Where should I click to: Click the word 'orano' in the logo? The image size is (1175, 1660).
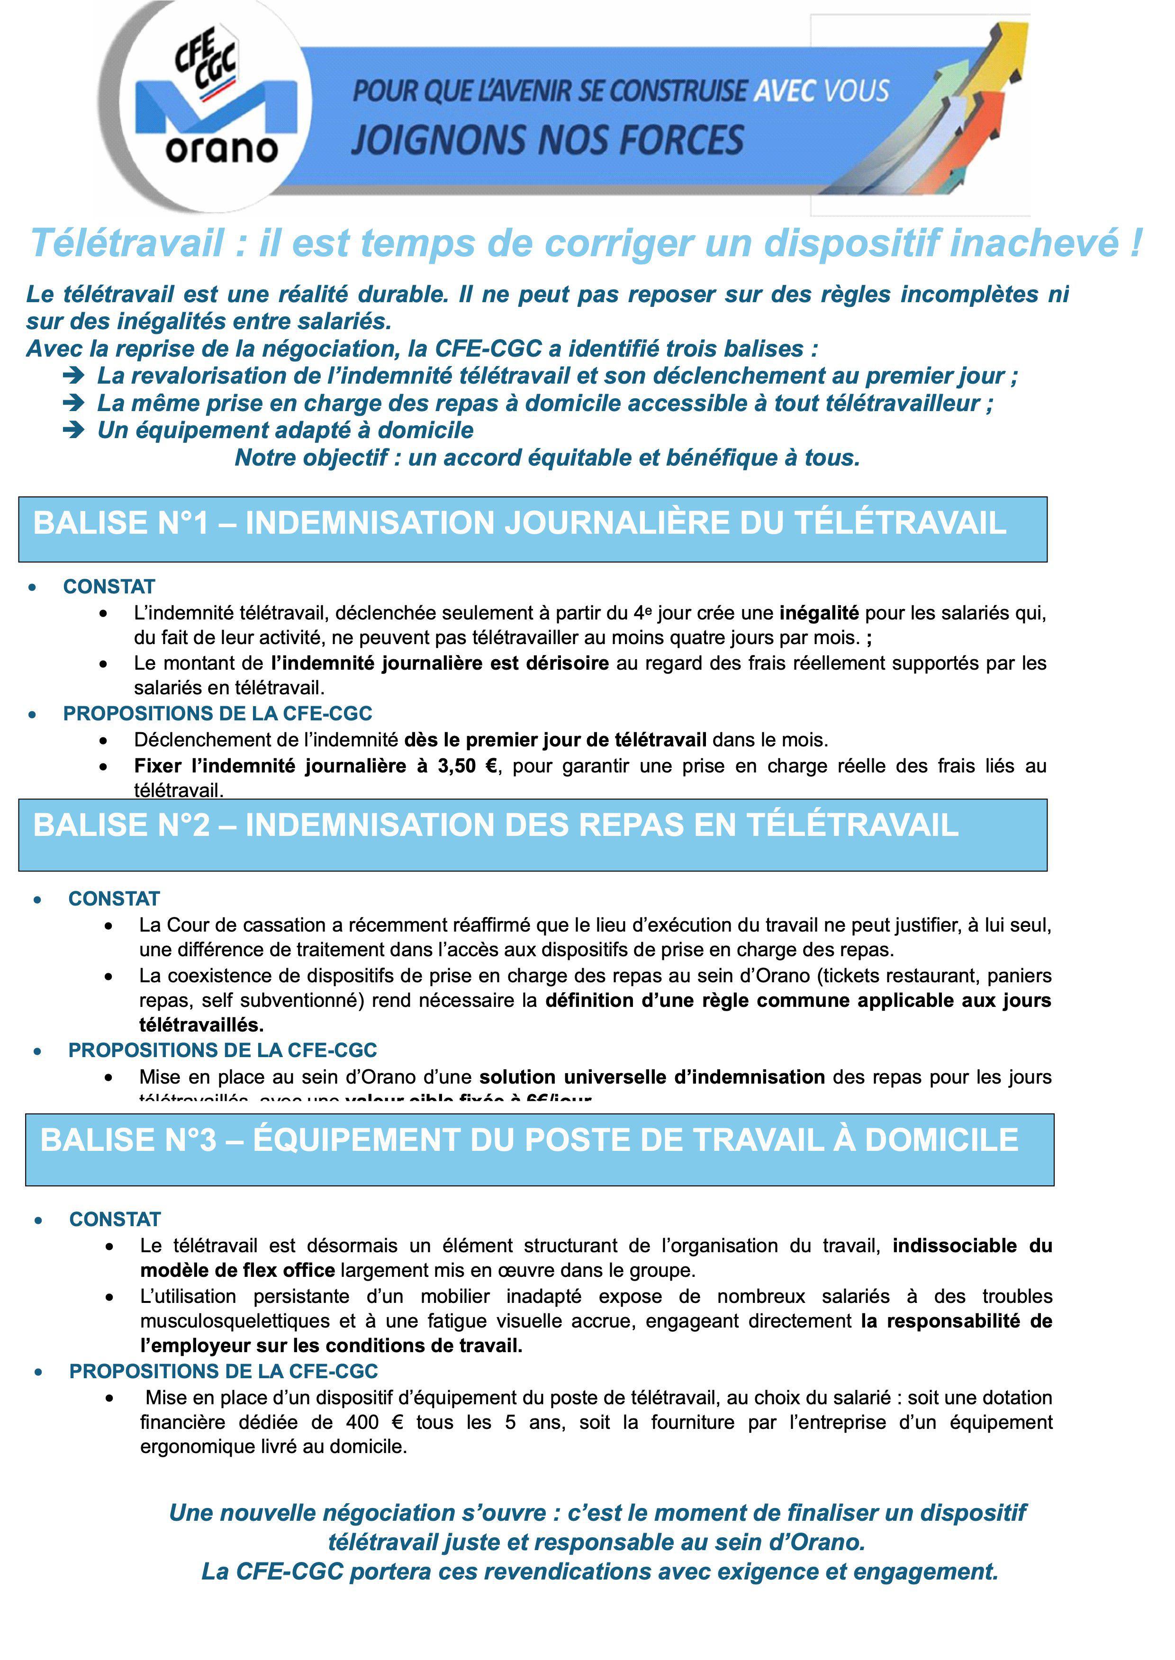tap(221, 149)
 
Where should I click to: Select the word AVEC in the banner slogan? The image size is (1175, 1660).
tap(784, 91)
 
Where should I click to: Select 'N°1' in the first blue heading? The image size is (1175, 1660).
tap(178, 523)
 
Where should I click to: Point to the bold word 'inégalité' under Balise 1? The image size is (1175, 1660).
tap(819, 613)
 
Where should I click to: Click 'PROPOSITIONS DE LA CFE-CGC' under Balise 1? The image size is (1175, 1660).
tap(218, 713)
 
